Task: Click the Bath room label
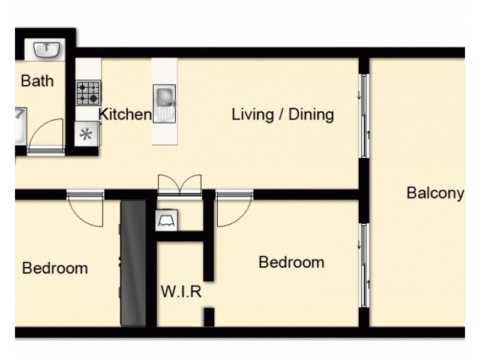point(37,80)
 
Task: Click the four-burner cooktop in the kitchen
point(88,93)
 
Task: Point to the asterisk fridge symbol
point(87,134)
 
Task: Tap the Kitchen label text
point(125,114)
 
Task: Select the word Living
point(251,114)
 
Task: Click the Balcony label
point(435,193)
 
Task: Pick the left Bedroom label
point(55,268)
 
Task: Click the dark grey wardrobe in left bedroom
point(133,264)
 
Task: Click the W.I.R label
point(181,293)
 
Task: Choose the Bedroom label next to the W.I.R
point(291,262)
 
